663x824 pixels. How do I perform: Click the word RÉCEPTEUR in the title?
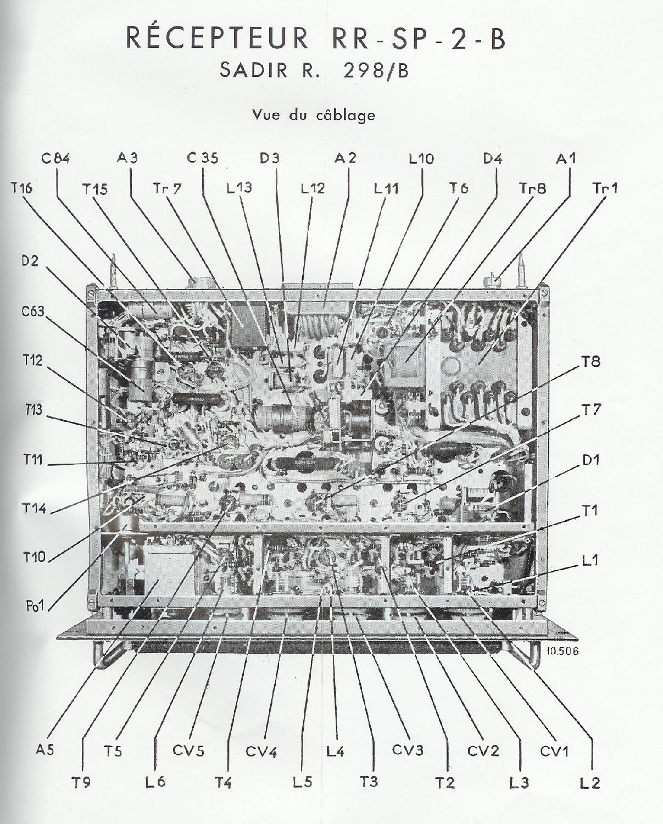pos(218,38)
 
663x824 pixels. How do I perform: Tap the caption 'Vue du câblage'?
pos(314,115)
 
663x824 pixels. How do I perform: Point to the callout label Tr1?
pos(605,188)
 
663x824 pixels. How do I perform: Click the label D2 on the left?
pos(30,261)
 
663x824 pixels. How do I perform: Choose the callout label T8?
pos(591,361)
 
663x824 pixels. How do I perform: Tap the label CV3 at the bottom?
pos(408,750)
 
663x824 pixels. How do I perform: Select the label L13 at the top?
pos(239,188)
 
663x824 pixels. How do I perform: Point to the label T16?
pos(21,188)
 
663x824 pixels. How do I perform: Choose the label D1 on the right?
pos(591,460)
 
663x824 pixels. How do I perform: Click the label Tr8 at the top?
pos(533,188)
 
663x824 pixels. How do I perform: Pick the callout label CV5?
pos(188,750)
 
